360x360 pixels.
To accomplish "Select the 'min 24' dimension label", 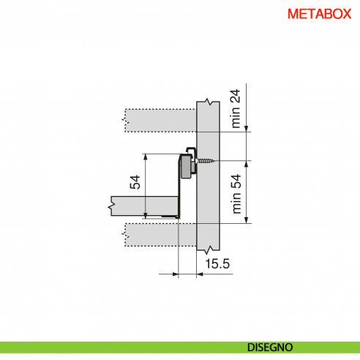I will pos(236,109).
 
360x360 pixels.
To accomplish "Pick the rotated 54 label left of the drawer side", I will pos(135,182).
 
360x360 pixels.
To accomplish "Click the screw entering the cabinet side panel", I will pos(208,160).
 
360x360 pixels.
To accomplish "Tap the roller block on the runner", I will pos(188,168).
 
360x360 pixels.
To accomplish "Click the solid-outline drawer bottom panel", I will pos(143,205).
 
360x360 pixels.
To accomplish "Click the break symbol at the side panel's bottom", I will pos(209,251).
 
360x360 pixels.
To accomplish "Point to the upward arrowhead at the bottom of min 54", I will pos(250,219).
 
